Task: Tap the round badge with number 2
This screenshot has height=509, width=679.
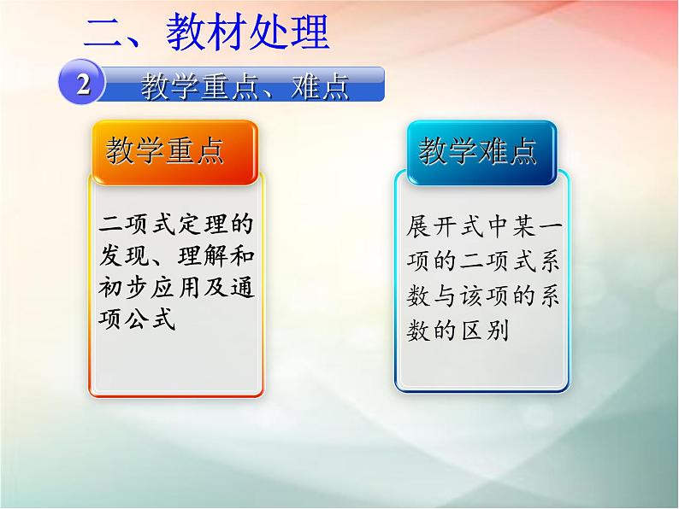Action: pos(82,85)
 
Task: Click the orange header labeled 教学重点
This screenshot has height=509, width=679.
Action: pos(165,152)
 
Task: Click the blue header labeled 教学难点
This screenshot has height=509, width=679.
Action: pos(478,152)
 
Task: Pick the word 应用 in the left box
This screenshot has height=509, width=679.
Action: pos(165,290)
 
